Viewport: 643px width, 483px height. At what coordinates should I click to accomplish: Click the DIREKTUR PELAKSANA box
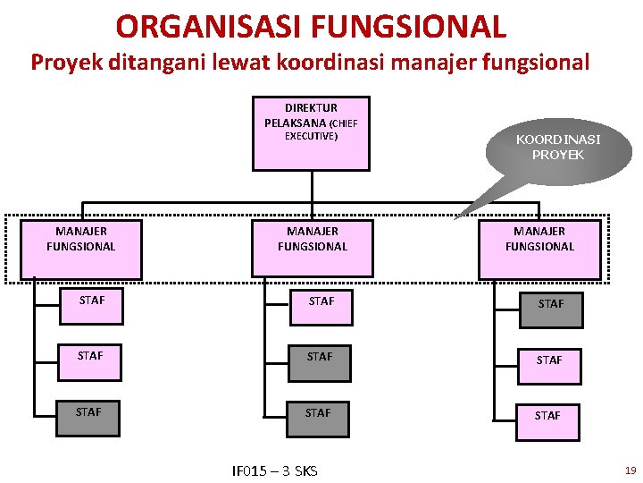311,133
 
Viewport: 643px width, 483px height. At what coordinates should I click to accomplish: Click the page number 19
630,470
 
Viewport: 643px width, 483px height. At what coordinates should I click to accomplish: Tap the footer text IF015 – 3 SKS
274,470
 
